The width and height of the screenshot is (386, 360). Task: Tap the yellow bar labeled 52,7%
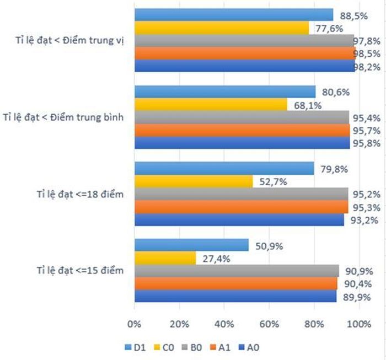tap(194, 181)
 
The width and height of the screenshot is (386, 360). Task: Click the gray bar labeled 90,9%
tap(237, 271)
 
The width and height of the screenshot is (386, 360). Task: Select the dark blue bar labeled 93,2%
tap(239, 219)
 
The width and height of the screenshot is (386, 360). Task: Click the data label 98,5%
tap(371, 54)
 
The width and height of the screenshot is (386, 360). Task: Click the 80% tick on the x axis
tap(314, 324)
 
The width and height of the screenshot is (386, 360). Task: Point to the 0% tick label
tap(135, 324)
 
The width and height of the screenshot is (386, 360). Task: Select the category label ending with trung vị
tap(73, 40)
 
